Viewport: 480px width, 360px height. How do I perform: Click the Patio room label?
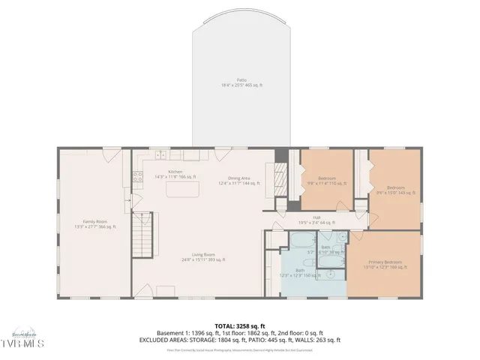point(241,82)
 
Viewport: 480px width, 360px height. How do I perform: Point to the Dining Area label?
point(239,180)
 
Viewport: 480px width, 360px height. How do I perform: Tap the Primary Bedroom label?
point(384,264)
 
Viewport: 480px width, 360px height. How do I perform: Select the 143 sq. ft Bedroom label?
point(395,189)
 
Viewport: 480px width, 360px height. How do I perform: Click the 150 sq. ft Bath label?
point(299,272)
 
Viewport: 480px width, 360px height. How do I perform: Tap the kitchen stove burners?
point(138,178)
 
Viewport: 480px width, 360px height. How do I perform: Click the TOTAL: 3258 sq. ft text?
point(239,326)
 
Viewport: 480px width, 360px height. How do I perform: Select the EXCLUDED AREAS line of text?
point(239,340)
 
